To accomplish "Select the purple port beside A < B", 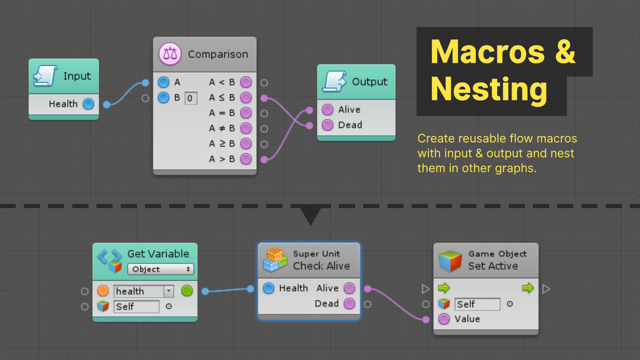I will coord(245,83).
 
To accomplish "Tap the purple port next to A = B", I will coord(245,113).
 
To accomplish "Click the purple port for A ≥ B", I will coord(245,143).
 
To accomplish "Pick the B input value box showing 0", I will coord(190,99).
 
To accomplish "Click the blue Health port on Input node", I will coord(88,104).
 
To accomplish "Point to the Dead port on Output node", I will coord(328,125).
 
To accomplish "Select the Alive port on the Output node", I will coord(328,110).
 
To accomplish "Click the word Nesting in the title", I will coord(489,89).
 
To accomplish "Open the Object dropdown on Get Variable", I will coord(161,269).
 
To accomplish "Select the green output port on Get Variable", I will coord(187,291).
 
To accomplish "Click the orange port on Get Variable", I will coord(103,291).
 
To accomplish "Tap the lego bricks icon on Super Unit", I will coord(275,260).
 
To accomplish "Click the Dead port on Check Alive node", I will coord(349,304).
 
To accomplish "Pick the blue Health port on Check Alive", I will coord(269,289).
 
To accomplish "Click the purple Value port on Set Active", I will coord(444,319).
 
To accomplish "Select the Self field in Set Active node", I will coord(477,305).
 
